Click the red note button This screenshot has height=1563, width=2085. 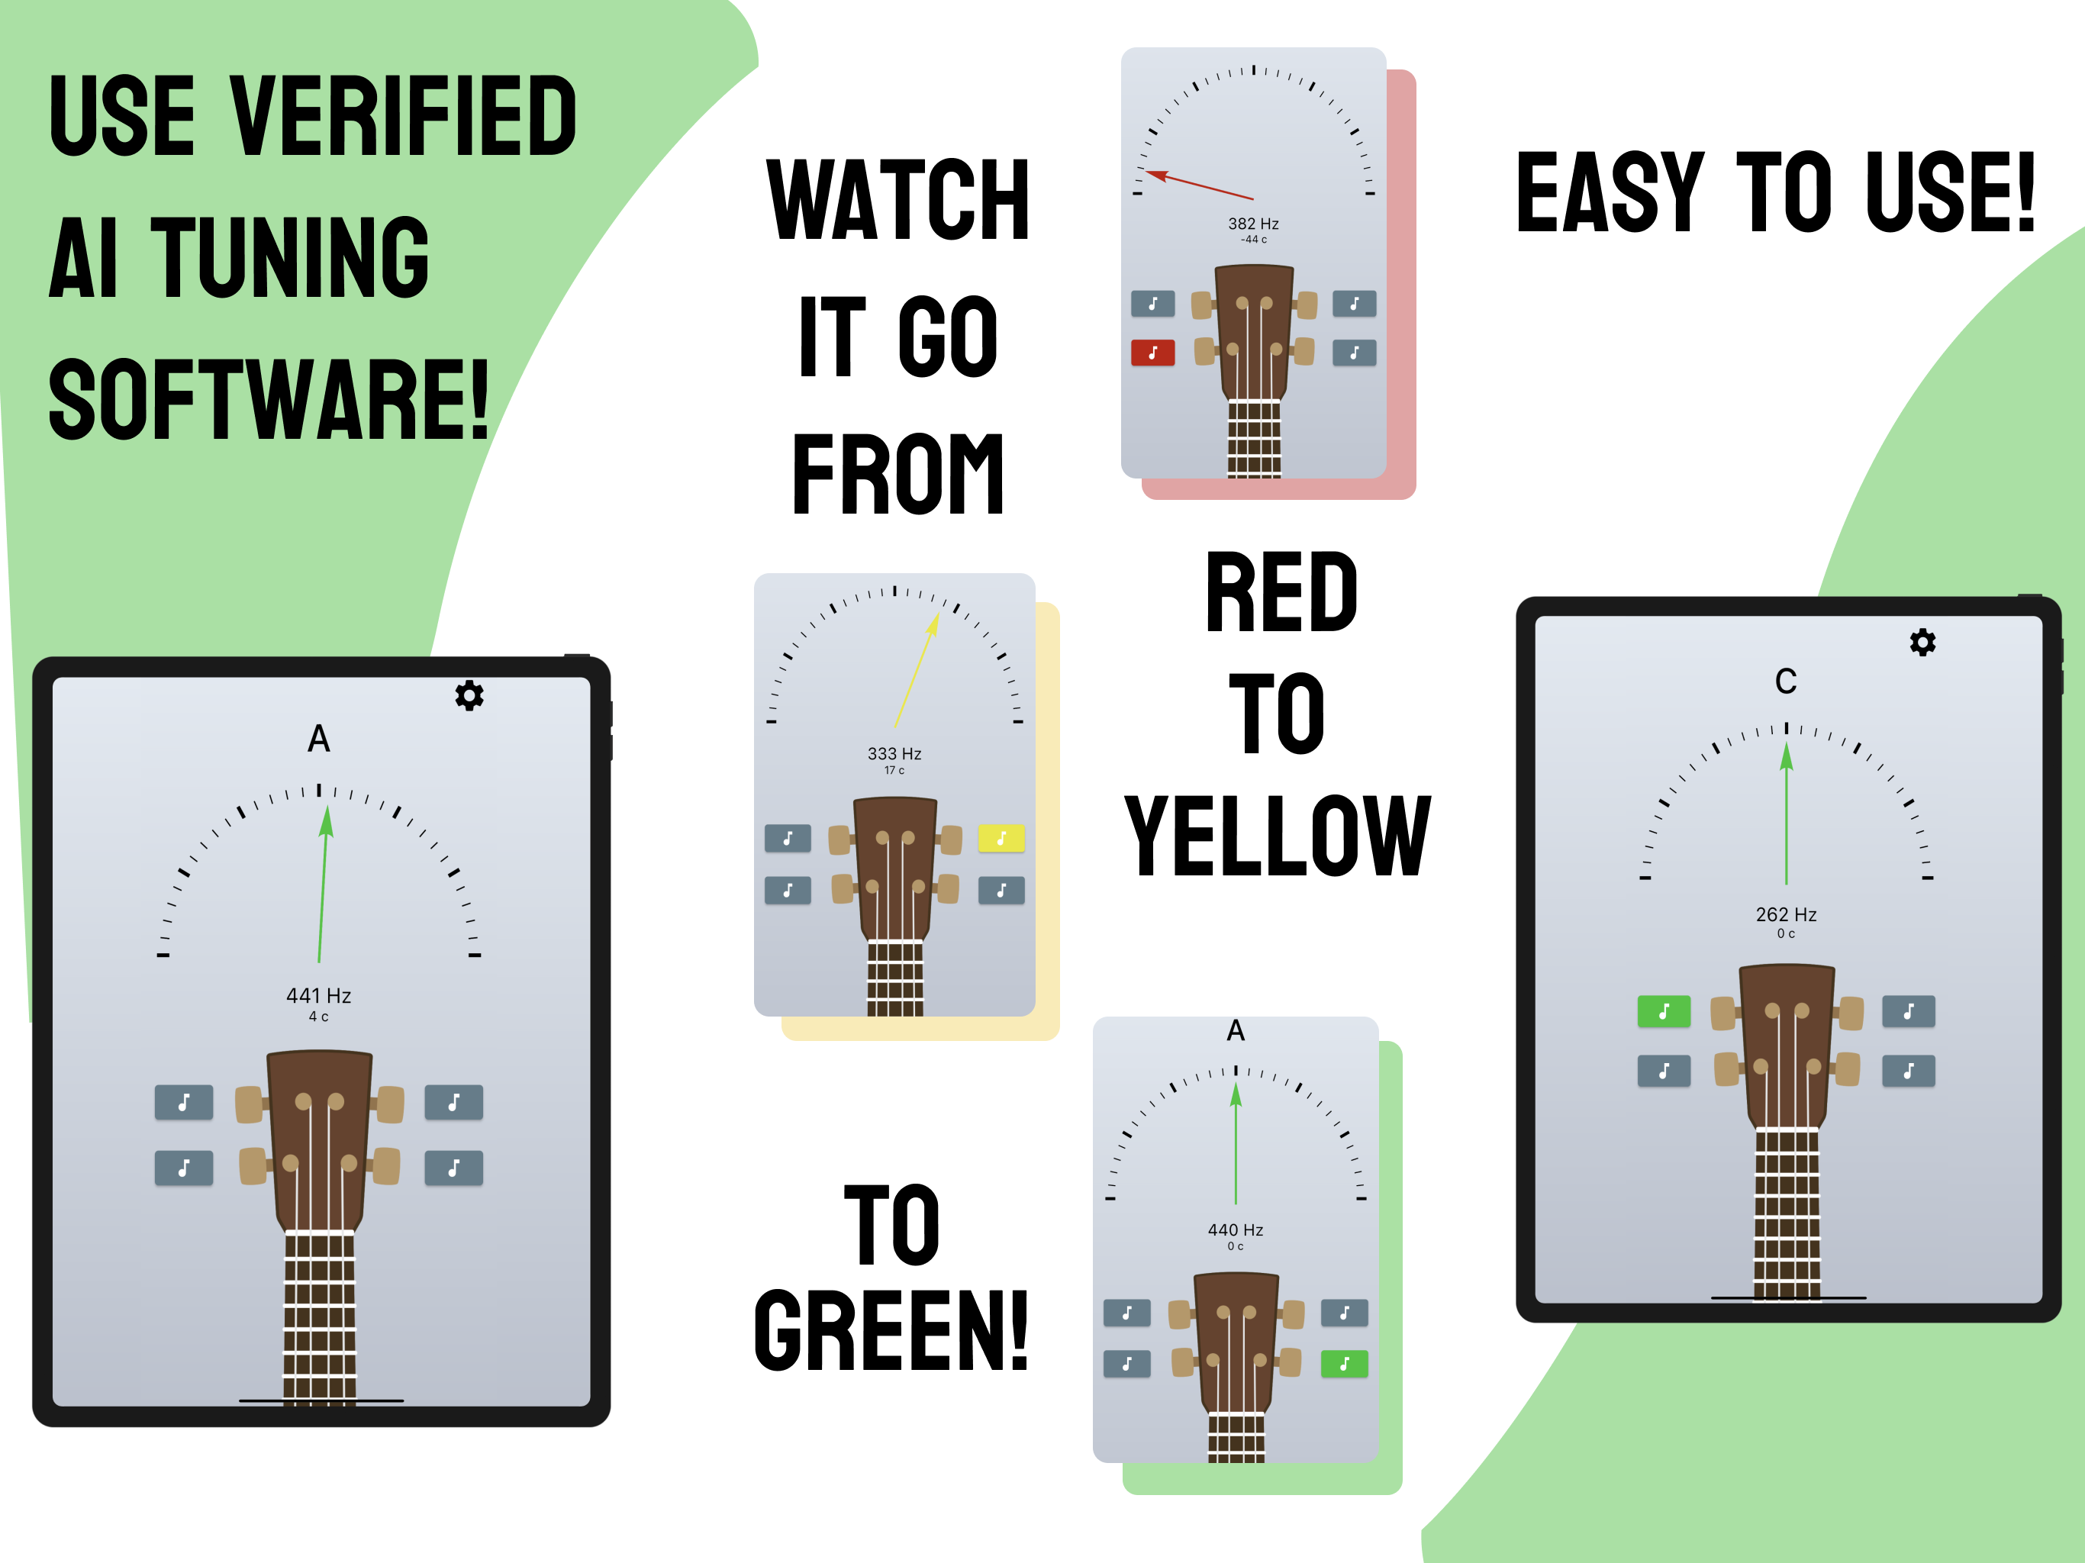pyautogui.click(x=1152, y=353)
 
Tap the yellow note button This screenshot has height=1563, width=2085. pyautogui.click(x=1001, y=838)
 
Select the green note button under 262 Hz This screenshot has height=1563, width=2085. pyautogui.click(x=1664, y=1011)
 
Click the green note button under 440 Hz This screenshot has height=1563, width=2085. pyautogui.click(x=1344, y=1363)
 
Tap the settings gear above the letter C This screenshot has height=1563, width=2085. pyautogui.click(x=1922, y=642)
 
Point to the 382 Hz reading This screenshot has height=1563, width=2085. pyautogui.click(x=1252, y=224)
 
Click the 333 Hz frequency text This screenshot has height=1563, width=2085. pyautogui.click(x=894, y=753)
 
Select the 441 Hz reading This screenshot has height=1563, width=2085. pyautogui.click(x=318, y=995)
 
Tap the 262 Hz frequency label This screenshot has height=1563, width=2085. pyautogui.click(x=1785, y=914)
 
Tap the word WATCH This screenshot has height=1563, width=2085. pyautogui.click(x=897, y=200)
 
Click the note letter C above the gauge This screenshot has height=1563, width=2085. pyautogui.click(x=1785, y=681)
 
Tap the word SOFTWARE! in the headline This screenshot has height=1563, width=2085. pyautogui.click(x=269, y=400)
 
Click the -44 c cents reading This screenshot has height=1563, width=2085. pyautogui.click(x=1252, y=240)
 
